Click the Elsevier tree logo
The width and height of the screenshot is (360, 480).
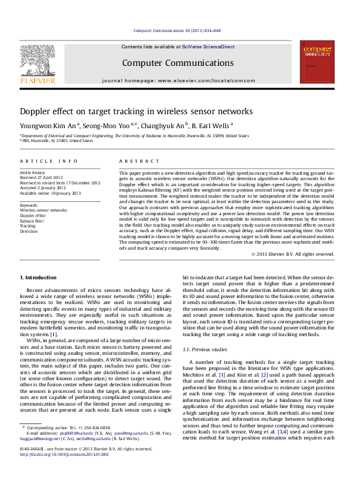38,61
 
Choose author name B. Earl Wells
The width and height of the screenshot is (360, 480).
209,126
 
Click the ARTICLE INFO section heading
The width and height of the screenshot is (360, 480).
49,161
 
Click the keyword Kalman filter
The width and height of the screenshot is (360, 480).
33,221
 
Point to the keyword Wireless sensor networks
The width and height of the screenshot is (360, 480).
44,210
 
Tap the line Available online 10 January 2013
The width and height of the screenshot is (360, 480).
50,193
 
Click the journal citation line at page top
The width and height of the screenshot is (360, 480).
177,30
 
